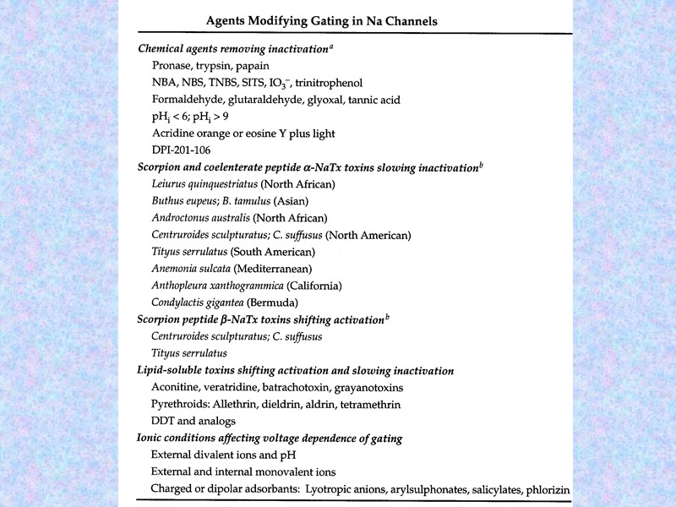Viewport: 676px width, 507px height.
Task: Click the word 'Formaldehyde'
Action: coord(188,100)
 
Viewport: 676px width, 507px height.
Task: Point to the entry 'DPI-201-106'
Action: coord(182,150)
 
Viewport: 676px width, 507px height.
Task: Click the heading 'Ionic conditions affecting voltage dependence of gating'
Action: coord(269,439)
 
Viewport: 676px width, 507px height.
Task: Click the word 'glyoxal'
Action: coord(330,100)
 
